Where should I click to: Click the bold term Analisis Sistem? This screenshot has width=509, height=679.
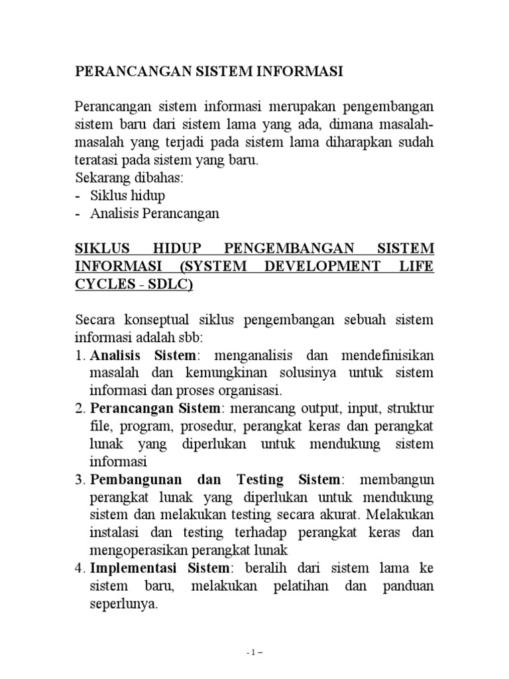pyautogui.click(x=143, y=356)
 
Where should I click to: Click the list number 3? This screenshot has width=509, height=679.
pyautogui.click(x=78, y=479)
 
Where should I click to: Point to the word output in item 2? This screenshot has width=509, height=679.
pyautogui.click(x=311, y=407)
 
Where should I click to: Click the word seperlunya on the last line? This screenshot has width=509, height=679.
pyautogui.click(x=124, y=605)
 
